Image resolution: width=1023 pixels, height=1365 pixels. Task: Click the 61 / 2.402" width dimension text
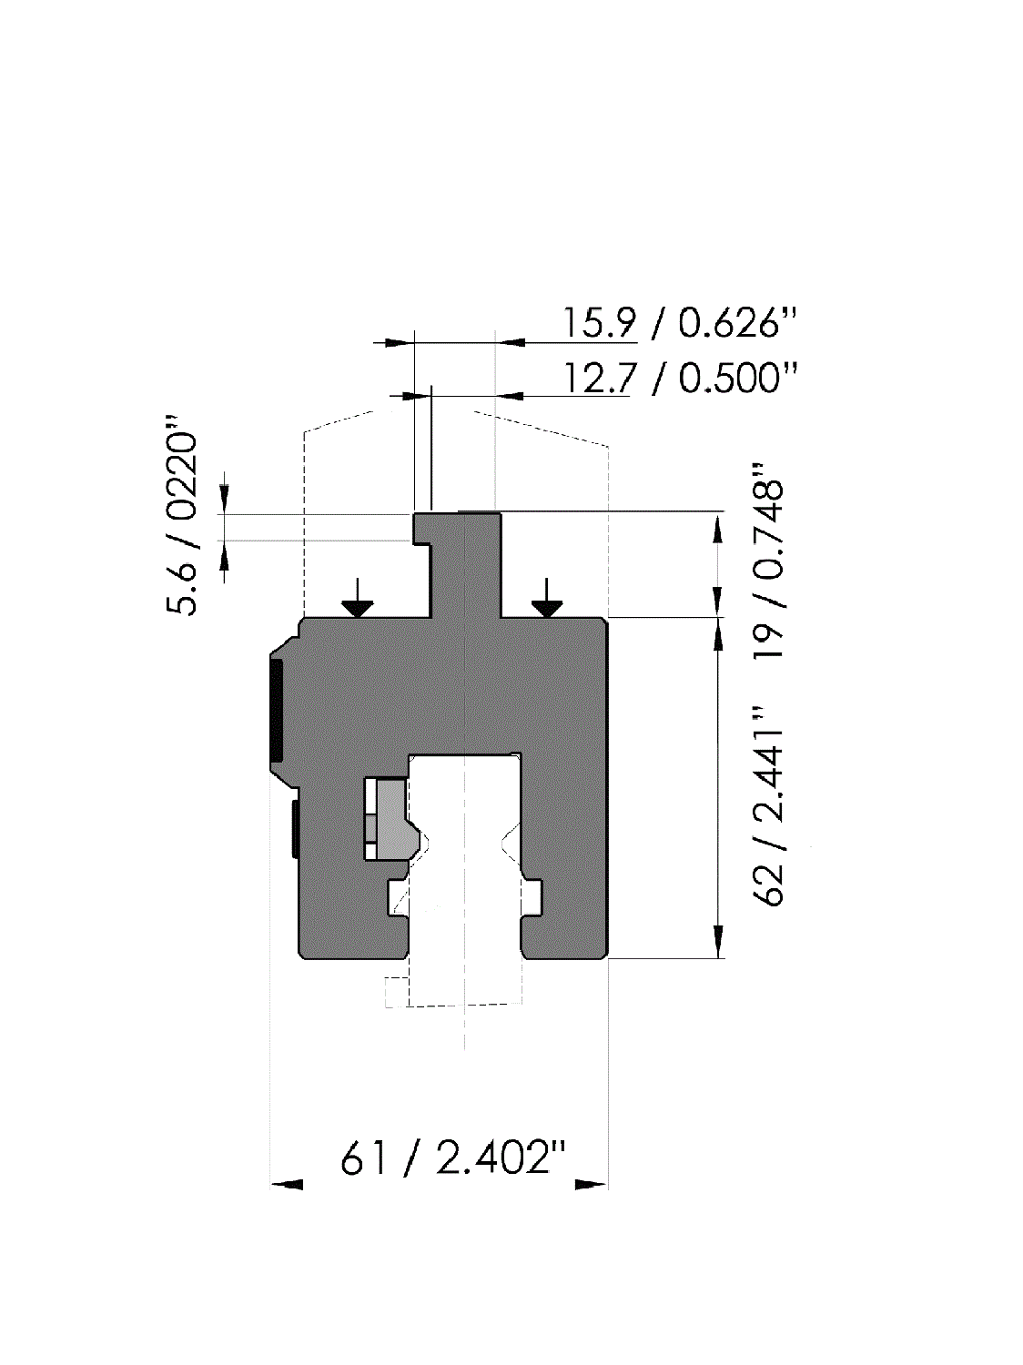453,1158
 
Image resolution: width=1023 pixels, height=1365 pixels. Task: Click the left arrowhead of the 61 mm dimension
288,1185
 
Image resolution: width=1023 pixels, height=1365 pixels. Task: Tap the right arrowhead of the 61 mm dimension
591,1185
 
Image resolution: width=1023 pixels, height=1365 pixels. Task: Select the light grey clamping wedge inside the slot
393,819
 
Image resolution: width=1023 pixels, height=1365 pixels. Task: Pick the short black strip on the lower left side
295,828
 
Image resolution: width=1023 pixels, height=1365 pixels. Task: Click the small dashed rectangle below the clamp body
394,992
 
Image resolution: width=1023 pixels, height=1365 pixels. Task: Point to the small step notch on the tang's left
422,544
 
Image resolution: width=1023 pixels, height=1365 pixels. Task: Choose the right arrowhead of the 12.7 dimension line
510,396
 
